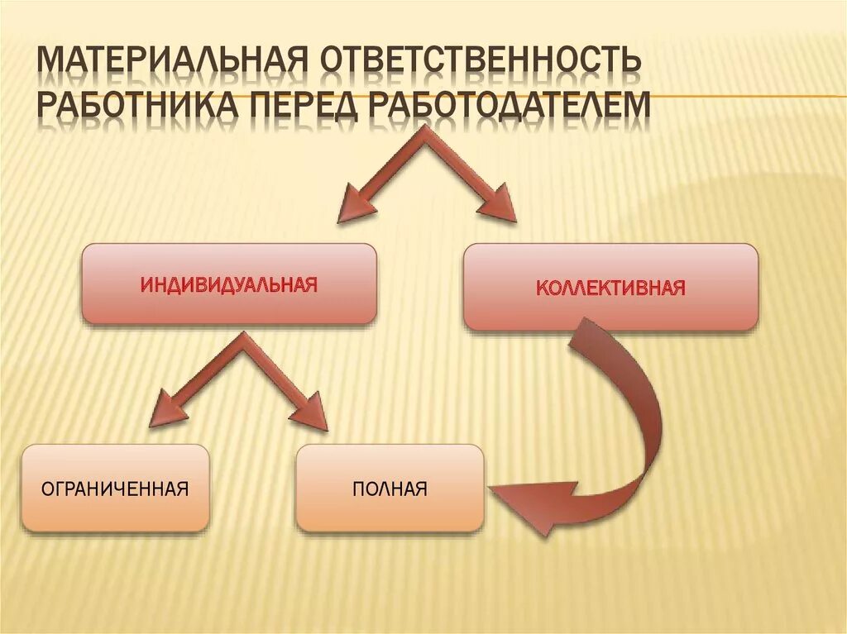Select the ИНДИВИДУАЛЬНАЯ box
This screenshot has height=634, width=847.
[x=228, y=284]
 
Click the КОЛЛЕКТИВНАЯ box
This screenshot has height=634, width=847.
[x=610, y=287]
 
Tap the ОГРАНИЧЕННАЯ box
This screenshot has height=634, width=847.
[x=115, y=488]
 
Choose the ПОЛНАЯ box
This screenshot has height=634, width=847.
[x=390, y=488]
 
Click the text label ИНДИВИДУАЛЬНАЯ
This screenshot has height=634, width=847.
[x=228, y=284]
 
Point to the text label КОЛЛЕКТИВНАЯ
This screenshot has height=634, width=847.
[x=610, y=288]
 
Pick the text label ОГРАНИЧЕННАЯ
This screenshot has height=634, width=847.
[x=115, y=489]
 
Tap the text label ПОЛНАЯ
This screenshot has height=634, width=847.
[x=390, y=489]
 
